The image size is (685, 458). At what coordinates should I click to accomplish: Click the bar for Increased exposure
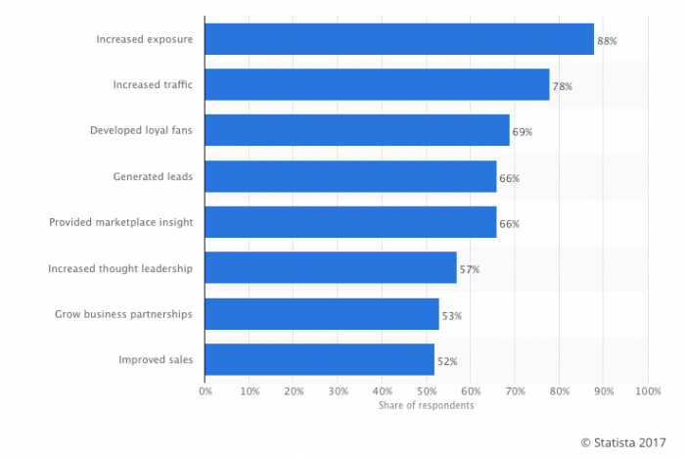click(399, 39)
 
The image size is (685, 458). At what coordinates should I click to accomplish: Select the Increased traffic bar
click(377, 85)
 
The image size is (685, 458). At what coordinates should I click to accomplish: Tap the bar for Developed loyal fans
click(357, 130)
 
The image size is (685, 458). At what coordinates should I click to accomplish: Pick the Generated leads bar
click(350, 176)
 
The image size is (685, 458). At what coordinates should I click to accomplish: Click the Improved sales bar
click(320, 360)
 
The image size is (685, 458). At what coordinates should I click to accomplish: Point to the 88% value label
click(608, 41)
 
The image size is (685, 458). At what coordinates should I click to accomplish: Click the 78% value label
click(563, 86)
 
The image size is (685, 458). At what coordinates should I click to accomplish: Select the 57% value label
click(470, 269)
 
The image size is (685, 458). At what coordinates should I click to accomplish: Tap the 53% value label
click(452, 315)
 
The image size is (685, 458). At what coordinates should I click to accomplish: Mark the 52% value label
click(447, 361)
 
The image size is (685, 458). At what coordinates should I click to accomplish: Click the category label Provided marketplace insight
click(121, 222)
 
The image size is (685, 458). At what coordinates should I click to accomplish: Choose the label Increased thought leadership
click(120, 268)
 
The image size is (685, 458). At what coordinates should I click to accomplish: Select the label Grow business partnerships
click(124, 314)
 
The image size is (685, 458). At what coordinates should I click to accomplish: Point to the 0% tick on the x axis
click(205, 391)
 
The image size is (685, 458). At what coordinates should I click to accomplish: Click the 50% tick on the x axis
click(426, 391)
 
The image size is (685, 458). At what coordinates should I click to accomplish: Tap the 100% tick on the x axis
click(647, 391)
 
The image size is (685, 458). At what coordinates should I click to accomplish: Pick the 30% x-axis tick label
click(338, 391)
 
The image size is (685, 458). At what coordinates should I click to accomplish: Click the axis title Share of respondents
click(427, 405)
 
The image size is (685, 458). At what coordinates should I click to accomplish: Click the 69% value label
click(523, 132)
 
